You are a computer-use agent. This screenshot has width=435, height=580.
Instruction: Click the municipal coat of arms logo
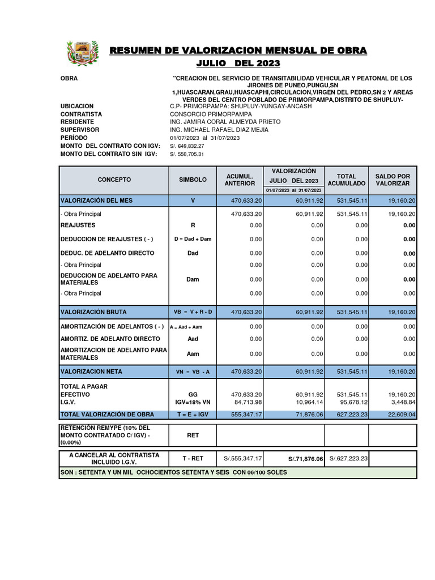tap(82, 54)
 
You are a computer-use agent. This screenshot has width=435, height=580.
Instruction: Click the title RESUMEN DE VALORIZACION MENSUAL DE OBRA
tap(238, 51)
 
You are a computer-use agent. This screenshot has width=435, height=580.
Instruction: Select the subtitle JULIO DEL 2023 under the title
tap(238, 63)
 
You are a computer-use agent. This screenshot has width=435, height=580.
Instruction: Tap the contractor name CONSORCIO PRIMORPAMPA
tap(211, 114)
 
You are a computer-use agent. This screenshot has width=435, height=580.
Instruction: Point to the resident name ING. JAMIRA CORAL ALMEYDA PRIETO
tap(225, 122)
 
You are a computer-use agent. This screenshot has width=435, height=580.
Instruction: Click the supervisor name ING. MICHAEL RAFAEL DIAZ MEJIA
tap(219, 130)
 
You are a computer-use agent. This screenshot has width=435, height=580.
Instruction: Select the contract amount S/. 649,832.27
tap(187, 146)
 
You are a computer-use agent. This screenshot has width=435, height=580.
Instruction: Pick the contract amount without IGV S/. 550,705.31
tap(186, 154)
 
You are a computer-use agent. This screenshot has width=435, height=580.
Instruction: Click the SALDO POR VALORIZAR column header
tap(393, 180)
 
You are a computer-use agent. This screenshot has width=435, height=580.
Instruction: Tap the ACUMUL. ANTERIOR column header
tap(240, 180)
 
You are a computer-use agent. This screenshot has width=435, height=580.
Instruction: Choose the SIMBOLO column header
tap(193, 180)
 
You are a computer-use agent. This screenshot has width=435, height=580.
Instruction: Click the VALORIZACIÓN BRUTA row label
tap(93, 312)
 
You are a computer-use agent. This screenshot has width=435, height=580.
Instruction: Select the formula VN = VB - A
tap(193, 372)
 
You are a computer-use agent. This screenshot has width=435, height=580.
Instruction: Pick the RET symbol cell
tap(193, 435)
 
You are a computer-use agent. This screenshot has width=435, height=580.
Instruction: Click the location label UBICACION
tap(77, 106)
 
